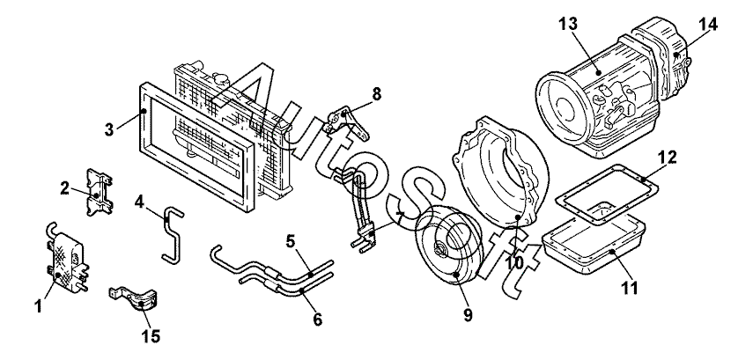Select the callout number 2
pyautogui.click(x=65, y=187)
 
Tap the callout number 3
pyautogui.click(x=108, y=129)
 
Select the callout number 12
pyautogui.click(x=669, y=158)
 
